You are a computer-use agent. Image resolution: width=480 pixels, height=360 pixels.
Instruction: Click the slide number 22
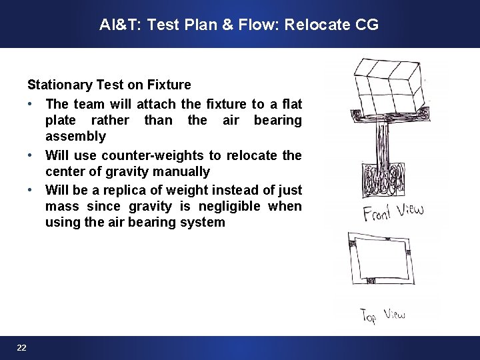[x=22, y=347]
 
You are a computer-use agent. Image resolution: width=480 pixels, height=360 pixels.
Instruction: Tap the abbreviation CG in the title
[x=367, y=25]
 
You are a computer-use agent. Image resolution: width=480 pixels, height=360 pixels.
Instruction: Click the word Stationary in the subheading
[x=57, y=85]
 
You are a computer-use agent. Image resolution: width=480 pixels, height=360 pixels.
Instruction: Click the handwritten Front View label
[x=393, y=213]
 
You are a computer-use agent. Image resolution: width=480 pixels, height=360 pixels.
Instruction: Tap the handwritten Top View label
[x=382, y=314]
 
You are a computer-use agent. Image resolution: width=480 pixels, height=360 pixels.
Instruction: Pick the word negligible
[x=238, y=207]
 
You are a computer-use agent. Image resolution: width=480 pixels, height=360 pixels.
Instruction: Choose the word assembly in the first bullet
[x=75, y=137]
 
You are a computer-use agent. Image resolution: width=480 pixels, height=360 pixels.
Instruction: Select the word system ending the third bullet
[x=205, y=223]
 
